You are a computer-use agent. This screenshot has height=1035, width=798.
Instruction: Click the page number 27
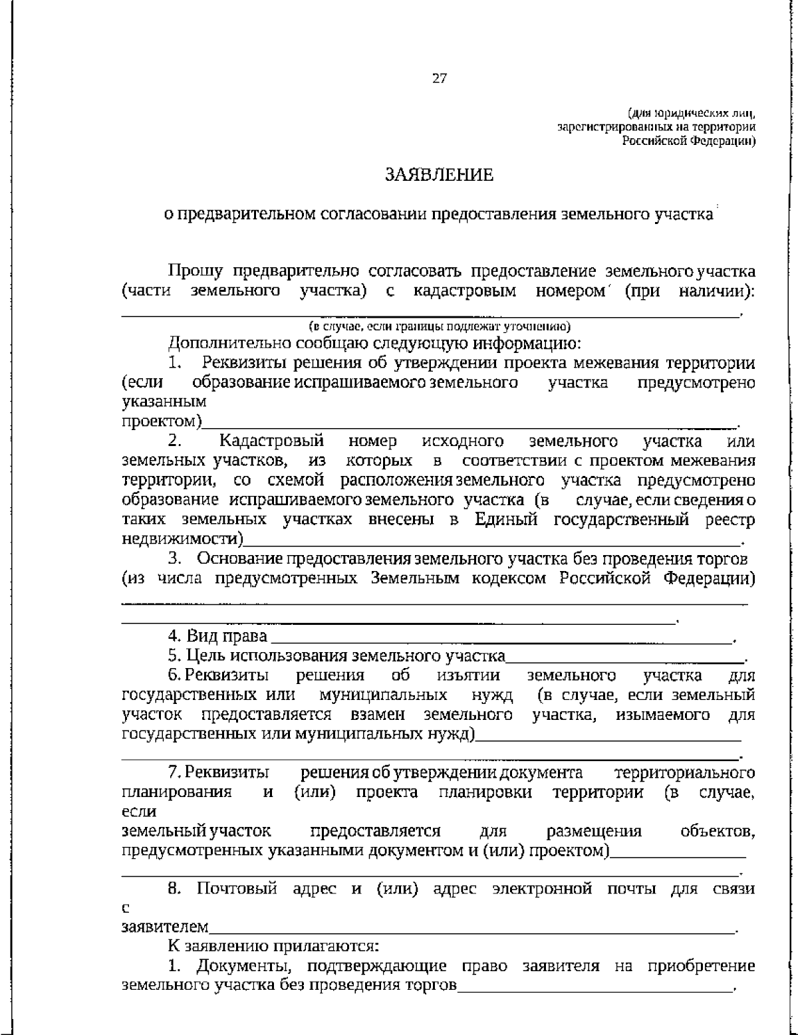tap(440, 78)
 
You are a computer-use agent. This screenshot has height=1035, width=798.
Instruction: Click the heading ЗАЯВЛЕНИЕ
tap(440, 175)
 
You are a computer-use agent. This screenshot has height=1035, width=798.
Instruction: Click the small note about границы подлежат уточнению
tap(439, 326)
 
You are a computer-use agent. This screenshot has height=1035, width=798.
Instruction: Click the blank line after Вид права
tap(499, 638)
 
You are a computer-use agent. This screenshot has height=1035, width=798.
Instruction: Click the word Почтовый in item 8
tap(237, 889)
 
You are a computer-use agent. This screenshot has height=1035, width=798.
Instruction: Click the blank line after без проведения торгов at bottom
tap(594, 986)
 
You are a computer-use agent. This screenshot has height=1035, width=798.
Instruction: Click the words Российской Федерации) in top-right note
tap(689, 141)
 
